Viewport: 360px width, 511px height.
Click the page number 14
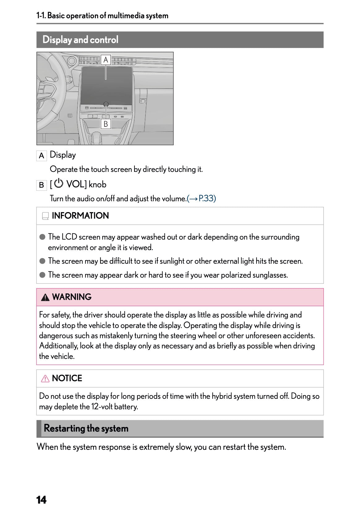point(41,500)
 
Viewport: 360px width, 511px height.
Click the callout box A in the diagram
point(106,60)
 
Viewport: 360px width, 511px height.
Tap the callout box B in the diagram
point(106,124)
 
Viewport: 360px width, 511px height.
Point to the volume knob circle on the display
point(106,104)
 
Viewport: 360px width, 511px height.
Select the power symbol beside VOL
point(58,184)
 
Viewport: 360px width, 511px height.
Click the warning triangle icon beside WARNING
point(45,297)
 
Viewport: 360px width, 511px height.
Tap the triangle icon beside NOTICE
point(45,379)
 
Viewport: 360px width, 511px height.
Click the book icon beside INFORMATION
point(45,216)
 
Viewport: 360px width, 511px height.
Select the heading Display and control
point(80,40)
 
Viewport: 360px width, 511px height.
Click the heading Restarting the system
point(86,428)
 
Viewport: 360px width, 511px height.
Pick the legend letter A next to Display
point(41,156)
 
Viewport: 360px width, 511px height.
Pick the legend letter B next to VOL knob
point(41,185)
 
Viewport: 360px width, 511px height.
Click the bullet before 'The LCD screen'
point(43,237)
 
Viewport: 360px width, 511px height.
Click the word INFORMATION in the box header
point(80,216)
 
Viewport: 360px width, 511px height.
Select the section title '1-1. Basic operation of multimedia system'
point(102,16)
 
